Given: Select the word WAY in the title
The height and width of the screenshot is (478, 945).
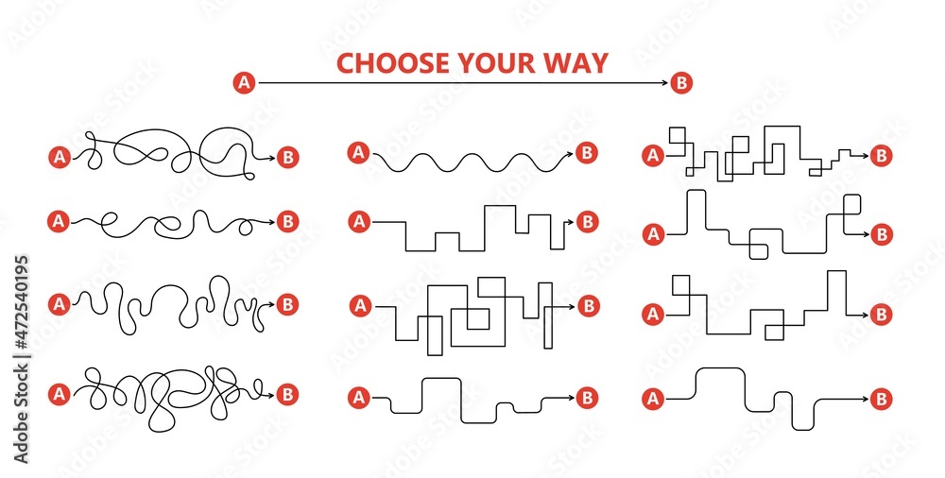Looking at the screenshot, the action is click(x=576, y=63).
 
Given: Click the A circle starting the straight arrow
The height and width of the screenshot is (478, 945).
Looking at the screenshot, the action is click(x=244, y=84).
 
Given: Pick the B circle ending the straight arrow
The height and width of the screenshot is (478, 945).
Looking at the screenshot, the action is click(x=682, y=84).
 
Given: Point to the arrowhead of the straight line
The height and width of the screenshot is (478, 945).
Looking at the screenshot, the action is click(x=666, y=84).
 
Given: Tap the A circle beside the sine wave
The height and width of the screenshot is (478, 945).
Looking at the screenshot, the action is click(x=358, y=151).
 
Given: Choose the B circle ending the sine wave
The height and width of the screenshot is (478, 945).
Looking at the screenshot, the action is click(x=587, y=151).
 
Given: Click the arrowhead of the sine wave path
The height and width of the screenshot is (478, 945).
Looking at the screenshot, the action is click(x=571, y=152).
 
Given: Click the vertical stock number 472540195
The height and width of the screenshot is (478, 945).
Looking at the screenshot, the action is click(x=22, y=317).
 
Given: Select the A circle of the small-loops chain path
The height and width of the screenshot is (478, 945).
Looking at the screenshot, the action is click(x=58, y=221).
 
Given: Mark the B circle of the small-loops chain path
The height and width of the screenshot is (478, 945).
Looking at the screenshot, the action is click(x=288, y=221).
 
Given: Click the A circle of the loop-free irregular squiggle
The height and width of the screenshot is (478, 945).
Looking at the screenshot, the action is click(x=58, y=304).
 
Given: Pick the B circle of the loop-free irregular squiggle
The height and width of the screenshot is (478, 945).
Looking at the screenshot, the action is click(x=288, y=304).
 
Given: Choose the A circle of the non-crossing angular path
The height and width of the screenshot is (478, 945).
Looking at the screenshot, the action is click(x=358, y=222).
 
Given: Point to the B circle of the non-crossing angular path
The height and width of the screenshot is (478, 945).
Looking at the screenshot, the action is click(x=588, y=222).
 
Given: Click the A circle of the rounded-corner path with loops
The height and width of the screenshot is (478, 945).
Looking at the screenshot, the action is click(x=652, y=232).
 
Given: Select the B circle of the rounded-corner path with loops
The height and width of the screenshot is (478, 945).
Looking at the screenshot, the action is click(x=882, y=233).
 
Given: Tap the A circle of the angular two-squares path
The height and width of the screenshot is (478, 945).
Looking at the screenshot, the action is click(x=652, y=315).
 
